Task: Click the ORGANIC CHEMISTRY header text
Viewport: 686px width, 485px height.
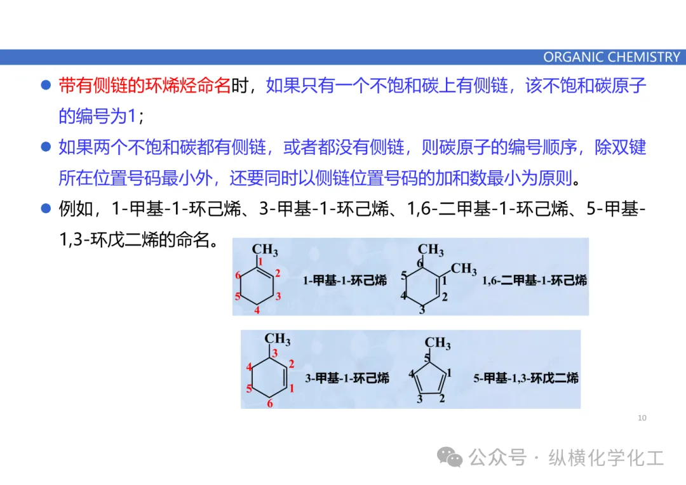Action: click(611, 57)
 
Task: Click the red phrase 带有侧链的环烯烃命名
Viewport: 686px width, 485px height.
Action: click(144, 86)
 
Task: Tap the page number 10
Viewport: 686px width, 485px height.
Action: click(642, 418)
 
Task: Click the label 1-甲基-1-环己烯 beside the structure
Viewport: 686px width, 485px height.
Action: click(345, 280)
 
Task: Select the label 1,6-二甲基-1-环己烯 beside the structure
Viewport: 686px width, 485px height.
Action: click(534, 280)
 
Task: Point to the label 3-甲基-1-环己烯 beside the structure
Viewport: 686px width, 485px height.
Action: click(347, 378)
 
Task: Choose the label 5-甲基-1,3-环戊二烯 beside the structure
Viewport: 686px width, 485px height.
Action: click(526, 378)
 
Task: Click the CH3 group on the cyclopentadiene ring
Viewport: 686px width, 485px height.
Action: click(438, 344)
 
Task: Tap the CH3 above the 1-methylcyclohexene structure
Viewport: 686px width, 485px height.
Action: click(265, 250)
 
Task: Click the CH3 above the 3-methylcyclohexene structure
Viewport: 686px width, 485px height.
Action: click(278, 340)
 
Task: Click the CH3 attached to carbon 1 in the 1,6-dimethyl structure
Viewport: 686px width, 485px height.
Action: click(464, 269)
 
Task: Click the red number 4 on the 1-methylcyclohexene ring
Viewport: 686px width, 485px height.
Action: click(257, 310)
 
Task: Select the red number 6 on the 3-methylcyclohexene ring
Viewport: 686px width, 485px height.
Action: click(270, 404)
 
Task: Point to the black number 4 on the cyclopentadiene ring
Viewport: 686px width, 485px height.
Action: click(412, 373)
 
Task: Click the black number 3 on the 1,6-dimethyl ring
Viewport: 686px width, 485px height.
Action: click(422, 310)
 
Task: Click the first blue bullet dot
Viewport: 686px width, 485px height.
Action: click(46, 86)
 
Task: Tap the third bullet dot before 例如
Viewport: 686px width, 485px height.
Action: click(46, 209)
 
